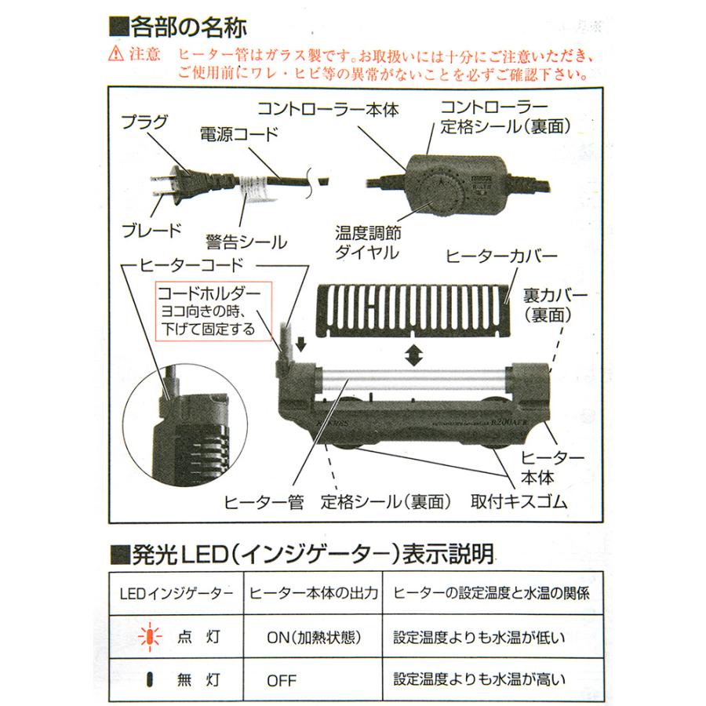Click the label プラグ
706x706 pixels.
[145, 121]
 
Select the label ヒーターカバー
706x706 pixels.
[501, 257]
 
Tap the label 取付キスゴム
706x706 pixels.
[519, 501]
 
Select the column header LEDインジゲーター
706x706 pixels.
[175, 593]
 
